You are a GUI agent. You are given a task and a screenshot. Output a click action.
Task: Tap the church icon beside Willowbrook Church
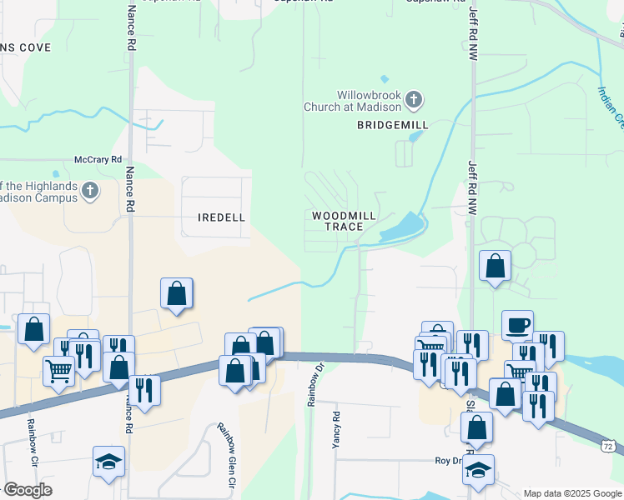pos(414,102)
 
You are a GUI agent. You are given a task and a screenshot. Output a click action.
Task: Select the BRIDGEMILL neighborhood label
pos(392,125)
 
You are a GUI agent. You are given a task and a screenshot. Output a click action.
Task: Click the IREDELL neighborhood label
pos(221,217)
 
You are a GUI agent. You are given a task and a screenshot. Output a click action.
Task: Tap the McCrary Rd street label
pos(98,158)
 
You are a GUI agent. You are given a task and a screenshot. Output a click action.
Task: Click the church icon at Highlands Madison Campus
pos(91,192)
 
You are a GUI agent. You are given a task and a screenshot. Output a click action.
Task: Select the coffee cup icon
pos(517,324)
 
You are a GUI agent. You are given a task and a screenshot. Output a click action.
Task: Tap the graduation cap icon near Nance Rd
pos(108,462)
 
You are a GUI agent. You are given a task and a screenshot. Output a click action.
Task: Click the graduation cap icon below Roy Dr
pos(479,470)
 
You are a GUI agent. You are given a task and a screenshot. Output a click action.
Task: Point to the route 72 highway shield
pos(608,447)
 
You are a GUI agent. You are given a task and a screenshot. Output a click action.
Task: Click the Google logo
pos(28,490)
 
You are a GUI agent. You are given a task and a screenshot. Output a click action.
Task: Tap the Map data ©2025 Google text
pos(572,493)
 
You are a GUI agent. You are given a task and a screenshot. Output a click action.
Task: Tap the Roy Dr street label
pos(448,460)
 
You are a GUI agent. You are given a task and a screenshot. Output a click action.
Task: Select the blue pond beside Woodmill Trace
pos(401,227)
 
